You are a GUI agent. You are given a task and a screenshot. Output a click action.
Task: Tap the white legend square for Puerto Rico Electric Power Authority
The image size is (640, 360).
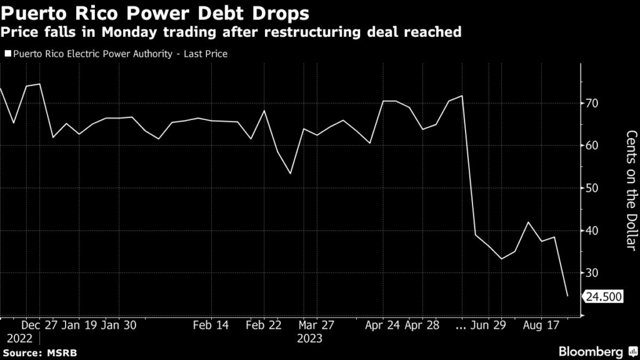click(7, 54)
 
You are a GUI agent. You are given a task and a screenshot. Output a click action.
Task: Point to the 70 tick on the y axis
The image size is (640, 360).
click(592, 103)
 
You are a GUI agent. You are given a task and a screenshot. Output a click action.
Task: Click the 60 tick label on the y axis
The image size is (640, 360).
click(592, 146)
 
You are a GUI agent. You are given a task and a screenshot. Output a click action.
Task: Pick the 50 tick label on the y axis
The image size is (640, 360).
click(592, 188)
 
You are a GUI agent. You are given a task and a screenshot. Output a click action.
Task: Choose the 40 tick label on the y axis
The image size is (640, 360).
click(592, 231)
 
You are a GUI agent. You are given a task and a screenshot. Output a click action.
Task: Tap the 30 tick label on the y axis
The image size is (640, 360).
click(592, 273)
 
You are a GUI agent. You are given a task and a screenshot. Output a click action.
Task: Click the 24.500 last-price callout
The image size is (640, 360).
click(604, 297)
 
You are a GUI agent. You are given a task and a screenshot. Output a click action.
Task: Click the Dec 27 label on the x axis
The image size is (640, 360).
click(40, 326)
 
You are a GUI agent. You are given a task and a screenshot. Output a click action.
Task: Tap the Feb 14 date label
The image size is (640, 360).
click(211, 326)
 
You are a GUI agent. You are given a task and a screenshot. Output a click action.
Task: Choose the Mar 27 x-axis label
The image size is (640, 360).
click(316, 326)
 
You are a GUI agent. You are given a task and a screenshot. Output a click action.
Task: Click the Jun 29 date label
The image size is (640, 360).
click(492, 326)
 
